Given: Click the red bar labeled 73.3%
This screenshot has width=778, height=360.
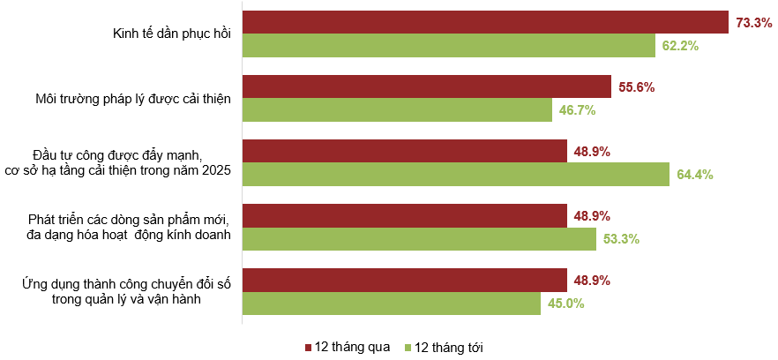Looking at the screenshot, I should click(485, 22).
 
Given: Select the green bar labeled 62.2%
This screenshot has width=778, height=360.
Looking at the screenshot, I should click(449, 45).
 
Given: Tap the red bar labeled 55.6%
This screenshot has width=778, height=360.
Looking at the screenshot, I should click(427, 86).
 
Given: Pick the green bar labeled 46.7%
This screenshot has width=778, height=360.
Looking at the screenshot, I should click(397, 109).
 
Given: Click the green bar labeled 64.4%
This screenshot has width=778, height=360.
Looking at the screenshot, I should click(456, 174).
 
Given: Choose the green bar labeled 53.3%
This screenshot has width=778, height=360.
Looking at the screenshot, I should click(419, 238).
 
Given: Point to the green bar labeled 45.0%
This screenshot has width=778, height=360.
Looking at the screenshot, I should click(392, 304).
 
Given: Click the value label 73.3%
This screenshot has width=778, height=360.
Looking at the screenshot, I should click(753, 23).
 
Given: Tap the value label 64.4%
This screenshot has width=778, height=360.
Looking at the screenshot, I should click(695, 175).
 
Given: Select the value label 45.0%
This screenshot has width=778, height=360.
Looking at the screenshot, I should click(565, 304).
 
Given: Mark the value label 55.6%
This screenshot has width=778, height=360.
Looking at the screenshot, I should click(636, 87).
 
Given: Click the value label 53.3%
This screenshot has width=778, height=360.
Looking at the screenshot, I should click(621, 239).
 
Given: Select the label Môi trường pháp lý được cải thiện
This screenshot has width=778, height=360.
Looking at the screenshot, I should click(127, 99).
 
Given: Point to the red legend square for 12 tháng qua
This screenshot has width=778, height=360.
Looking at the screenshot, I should click(308, 347).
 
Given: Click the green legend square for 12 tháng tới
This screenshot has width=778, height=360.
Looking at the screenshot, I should click(408, 347).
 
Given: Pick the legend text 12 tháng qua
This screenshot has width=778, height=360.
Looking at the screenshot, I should click(353, 347).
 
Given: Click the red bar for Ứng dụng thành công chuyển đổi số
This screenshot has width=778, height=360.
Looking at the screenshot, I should click(404, 281).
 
